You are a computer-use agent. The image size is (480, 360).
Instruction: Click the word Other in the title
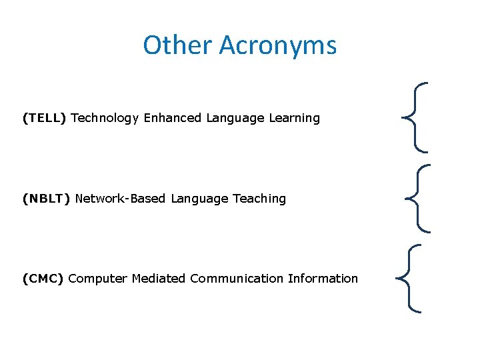pyautogui.click(x=177, y=45)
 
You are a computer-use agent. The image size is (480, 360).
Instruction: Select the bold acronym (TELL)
pyautogui.click(x=44, y=118)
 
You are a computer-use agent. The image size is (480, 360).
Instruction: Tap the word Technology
pyautogui.click(x=105, y=119)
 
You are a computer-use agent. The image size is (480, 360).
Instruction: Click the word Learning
pyautogui.click(x=294, y=119)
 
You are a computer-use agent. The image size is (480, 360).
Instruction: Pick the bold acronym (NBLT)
pyautogui.click(x=46, y=199)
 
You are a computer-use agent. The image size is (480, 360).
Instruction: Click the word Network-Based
pyautogui.click(x=121, y=199)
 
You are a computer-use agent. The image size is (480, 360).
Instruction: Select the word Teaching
pyautogui.click(x=259, y=199)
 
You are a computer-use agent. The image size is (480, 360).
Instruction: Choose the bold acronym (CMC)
pyautogui.click(x=43, y=279)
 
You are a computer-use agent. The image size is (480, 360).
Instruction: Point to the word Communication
pyautogui.click(x=237, y=279)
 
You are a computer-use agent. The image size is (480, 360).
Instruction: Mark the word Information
pyautogui.click(x=323, y=279)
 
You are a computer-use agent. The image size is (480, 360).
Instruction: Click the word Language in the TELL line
pyautogui.click(x=235, y=119)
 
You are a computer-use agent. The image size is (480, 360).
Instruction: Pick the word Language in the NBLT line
pyautogui.click(x=200, y=199)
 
